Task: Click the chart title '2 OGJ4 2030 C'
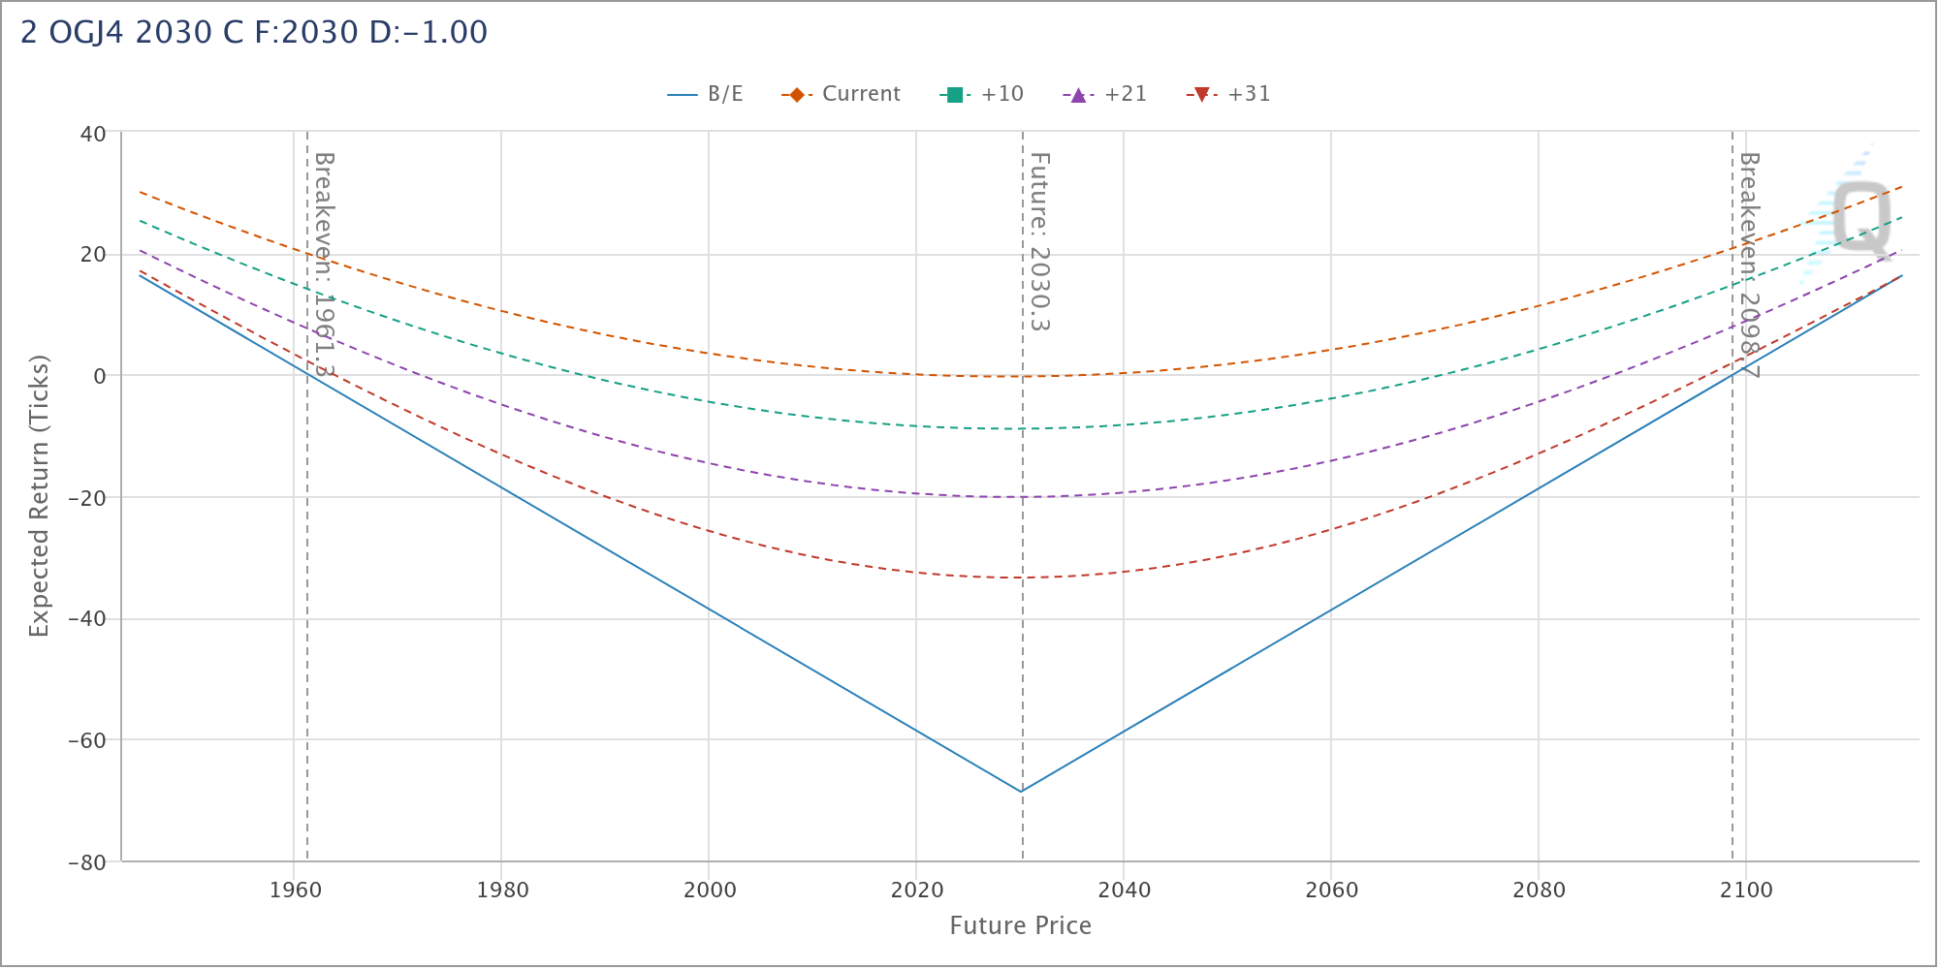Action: pos(254,33)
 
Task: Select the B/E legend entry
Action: pos(706,94)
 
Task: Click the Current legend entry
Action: pos(842,94)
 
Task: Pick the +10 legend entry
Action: pos(983,94)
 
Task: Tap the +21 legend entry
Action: pos(1106,94)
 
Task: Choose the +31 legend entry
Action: pos(1229,94)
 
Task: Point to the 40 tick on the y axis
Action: pos(93,134)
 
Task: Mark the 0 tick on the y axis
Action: pos(99,376)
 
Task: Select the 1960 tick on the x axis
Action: pos(295,890)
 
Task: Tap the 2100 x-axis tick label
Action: pos(1746,890)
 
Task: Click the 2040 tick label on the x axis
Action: pos(1124,890)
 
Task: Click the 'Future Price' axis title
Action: pos(1020,926)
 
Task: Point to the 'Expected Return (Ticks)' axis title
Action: pos(39,496)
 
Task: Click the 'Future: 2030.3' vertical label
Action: pos(1039,241)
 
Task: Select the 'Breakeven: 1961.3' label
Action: pos(324,264)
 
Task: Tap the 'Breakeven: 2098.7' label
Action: pos(1749,264)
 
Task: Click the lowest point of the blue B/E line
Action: pos(1021,792)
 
